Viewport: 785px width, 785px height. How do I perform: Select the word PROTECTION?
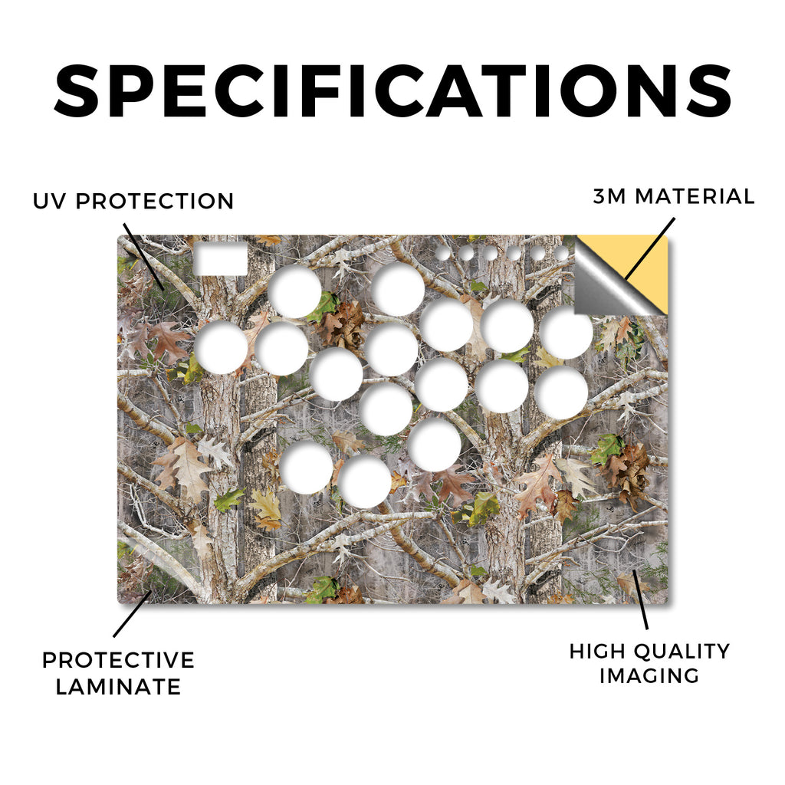pyautogui.click(x=155, y=202)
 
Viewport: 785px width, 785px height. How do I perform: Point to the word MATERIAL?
pyautogui.click(x=695, y=196)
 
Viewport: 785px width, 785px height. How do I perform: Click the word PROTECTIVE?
pyautogui.click(x=118, y=660)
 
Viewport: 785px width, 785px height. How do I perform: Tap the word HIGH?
pyautogui.click(x=596, y=652)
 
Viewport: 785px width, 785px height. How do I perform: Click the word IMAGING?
pyautogui.click(x=649, y=675)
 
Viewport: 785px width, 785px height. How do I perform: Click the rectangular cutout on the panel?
pyautogui.click(x=221, y=258)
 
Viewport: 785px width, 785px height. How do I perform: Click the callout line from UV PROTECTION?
pyautogui.click(x=143, y=256)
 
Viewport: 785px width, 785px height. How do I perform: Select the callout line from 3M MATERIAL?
pyautogui.click(x=650, y=248)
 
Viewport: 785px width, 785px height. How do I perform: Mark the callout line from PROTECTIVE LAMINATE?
pyautogui.click(x=132, y=614)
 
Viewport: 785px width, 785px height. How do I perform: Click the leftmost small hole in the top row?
pyautogui.click(x=443, y=253)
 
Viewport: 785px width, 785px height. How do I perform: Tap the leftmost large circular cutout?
pyautogui.click(x=222, y=348)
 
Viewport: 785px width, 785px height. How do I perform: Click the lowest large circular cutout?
pyautogui.click(x=364, y=481)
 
